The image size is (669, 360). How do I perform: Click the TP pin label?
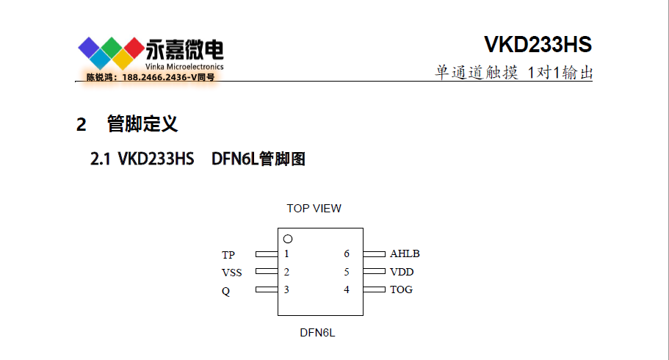click(228, 255)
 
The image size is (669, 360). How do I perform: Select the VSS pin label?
click(231, 273)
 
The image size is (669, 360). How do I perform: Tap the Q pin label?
click(225, 290)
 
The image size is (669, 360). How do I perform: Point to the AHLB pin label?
click(405, 254)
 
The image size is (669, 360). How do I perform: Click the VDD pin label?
click(402, 272)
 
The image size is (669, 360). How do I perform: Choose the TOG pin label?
click(401, 289)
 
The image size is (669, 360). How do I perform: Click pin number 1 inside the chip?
click(286, 254)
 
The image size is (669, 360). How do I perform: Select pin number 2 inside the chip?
click(286, 272)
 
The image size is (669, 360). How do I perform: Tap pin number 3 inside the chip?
click(286, 289)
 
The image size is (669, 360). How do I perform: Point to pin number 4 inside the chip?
click(347, 289)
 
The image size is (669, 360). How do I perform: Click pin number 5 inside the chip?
click(347, 272)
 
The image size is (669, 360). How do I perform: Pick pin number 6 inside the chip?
click(347, 254)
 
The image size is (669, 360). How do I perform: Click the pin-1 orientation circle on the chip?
click(288, 239)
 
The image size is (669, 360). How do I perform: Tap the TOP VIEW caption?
click(314, 209)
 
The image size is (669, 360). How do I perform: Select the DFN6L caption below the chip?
click(317, 333)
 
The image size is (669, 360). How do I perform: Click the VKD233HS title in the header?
click(538, 45)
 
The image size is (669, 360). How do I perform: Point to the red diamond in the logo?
click(134, 47)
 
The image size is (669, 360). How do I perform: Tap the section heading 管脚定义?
click(142, 123)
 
